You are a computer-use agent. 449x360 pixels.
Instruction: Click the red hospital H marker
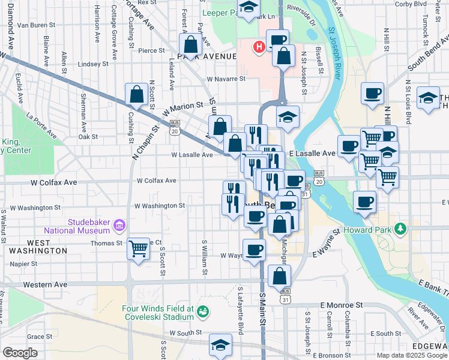pyautogui.click(x=259, y=47)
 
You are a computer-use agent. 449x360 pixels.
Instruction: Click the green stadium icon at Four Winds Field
pyautogui.click(x=204, y=311)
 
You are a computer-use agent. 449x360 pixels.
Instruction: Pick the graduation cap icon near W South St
pyautogui.click(x=220, y=344)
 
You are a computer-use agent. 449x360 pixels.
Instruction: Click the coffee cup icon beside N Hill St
pyautogui.click(x=372, y=93)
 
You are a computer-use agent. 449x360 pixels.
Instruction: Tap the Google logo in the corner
pyautogui.click(x=20, y=353)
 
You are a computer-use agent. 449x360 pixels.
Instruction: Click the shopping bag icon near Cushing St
pyautogui.click(x=136, y=94)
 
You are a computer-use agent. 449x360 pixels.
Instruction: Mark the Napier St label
pyautogui.click(x=23, y=263)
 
